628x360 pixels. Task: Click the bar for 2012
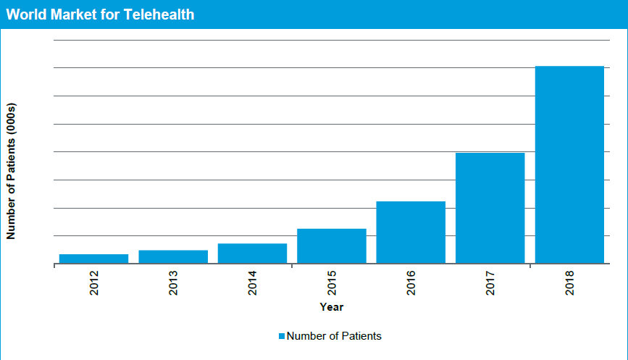(x=93, y=259)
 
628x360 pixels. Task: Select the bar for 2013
(x=173, y=256)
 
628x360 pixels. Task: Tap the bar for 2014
(x=252, y=254)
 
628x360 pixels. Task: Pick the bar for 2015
(x=332, y=246)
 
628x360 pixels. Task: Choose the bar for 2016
(x=411, y=232)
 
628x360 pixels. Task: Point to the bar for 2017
(x=490, y=208)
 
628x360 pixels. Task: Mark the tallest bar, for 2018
(x=569, y=164)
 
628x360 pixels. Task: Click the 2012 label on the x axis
(x=94, y=282)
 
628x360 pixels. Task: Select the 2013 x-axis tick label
(x=174, y=282)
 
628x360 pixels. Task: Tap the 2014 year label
(x=253, y=282)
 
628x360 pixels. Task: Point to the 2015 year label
(x=332, y=282)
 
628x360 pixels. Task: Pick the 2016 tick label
(x=411, y=282)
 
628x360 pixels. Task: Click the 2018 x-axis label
(x=570, y=282)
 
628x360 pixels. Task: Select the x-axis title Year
(x=332, y=307)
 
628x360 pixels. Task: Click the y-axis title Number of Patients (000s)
(x=11, y=171)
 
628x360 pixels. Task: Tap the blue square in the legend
(x=282, y=336)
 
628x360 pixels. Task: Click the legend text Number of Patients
(x=334, y=336)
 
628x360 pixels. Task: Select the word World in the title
(x=25, y=14)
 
